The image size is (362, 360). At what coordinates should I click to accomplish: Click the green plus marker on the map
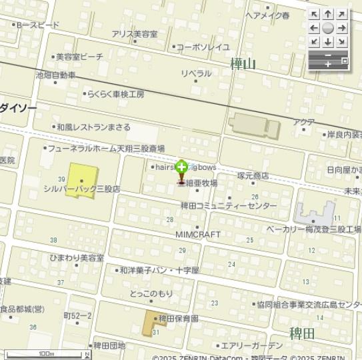(181, 167)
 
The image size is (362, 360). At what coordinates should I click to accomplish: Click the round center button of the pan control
(327, 28)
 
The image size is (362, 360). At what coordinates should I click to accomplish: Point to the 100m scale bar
(47, 355)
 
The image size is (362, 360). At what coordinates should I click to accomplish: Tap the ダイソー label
(18, 107)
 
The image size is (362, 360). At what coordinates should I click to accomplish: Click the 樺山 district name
(243, 64)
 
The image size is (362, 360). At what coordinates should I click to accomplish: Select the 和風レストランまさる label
(93, 127)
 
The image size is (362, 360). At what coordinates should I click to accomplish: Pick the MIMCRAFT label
(197, 235)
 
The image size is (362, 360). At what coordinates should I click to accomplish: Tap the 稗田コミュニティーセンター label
(229, 206)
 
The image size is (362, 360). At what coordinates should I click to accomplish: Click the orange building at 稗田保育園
(151, 323)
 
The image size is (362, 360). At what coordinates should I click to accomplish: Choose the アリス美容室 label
(135, 34)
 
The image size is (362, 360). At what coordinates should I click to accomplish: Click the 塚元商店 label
(253, 176)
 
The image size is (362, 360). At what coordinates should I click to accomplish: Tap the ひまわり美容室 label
(77, 257)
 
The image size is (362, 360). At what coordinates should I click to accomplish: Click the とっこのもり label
(151, 293)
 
